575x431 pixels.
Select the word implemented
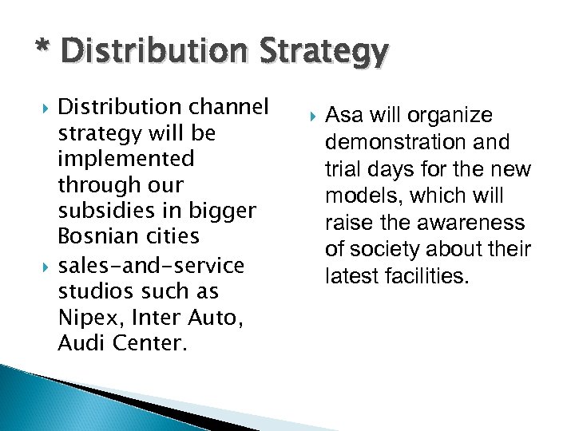coord(126,159)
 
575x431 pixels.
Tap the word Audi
coord(77,343)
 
